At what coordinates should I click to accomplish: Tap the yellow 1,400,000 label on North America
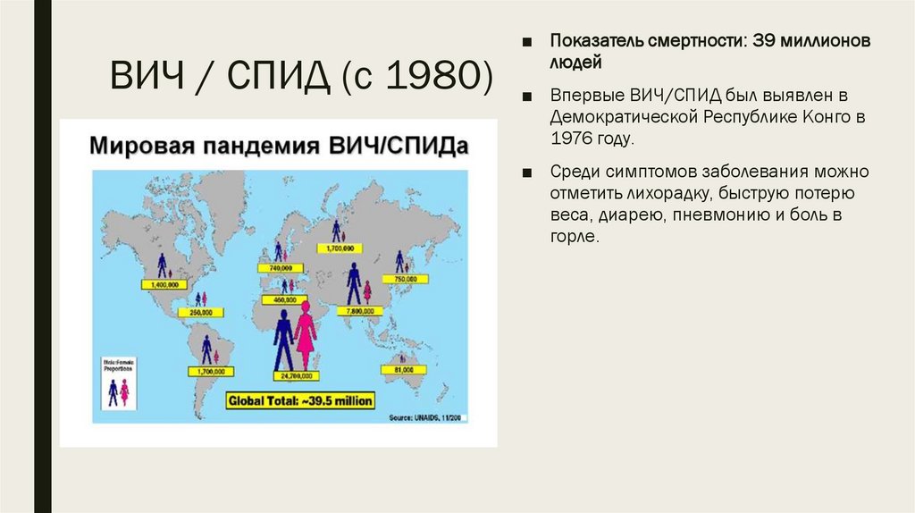pos(161,283)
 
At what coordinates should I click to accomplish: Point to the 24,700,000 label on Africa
pos(294,376)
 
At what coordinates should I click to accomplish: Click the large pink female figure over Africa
pos(306,334)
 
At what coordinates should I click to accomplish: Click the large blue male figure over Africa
pos(283,339)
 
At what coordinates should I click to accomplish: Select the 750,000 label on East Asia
pos(406,280)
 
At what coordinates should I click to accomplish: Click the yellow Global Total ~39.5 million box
pos(300,400)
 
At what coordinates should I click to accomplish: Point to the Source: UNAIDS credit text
pos(427,417)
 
